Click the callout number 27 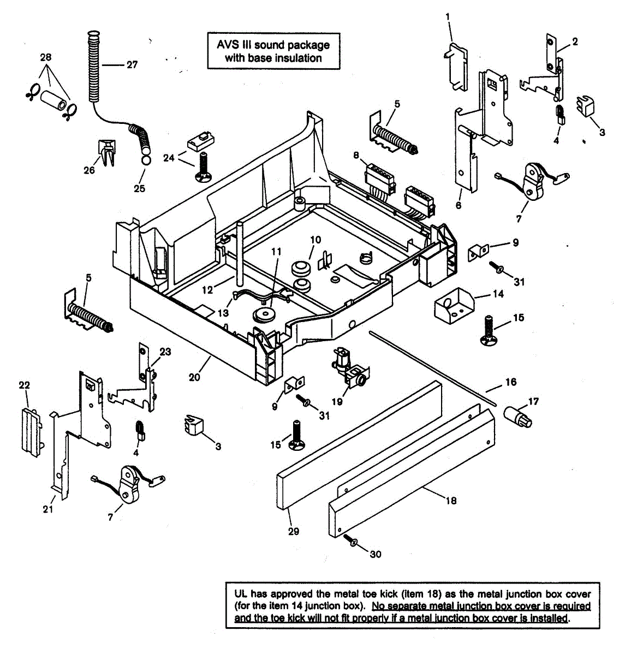132,64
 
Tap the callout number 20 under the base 194,377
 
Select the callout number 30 376,554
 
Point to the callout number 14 498,294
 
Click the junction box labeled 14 454,306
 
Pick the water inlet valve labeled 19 350,368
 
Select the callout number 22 24,385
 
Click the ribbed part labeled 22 32,432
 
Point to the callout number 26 89,170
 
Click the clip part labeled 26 107,152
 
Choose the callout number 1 448,16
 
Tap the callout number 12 207,290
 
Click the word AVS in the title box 228,45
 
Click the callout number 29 294,531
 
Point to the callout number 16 511,382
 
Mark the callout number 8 356,155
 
